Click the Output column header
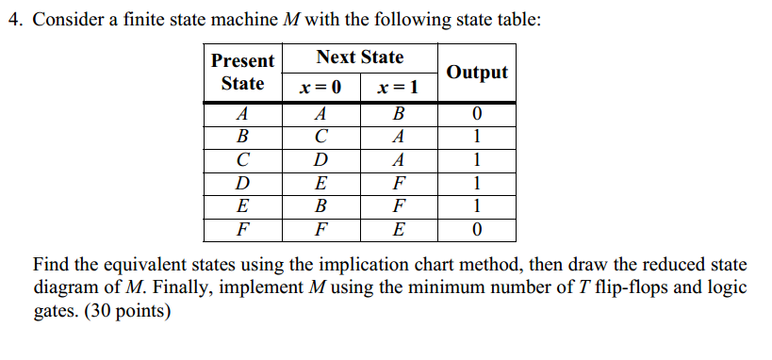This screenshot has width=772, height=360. point(477,72)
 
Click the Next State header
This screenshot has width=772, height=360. point(359,57)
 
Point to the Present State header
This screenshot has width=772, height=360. point(242,72)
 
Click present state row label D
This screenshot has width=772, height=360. point(242,182)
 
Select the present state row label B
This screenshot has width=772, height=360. point(242,137)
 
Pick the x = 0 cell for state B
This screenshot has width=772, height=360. point(320,137)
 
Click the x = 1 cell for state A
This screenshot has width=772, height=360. point(398,114)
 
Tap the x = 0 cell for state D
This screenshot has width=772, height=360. point(320,182)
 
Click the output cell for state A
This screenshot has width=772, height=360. point(477,114)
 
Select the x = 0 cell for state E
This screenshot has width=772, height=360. point(320,205)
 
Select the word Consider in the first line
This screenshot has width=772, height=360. point(68,20)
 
